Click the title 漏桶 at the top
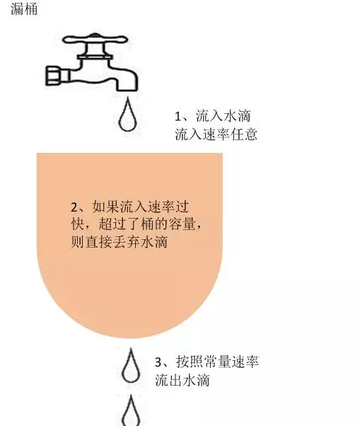[24, 8]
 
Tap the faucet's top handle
[95, 39]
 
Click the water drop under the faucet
[127, 115]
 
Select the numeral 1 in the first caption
[178, 117]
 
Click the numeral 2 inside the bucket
[74, 207]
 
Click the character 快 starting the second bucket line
[78, 224]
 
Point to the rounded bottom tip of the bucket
[129, 338]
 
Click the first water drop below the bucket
[131, 366]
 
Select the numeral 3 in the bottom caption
[158, 362]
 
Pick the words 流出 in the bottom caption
[168, 380]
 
